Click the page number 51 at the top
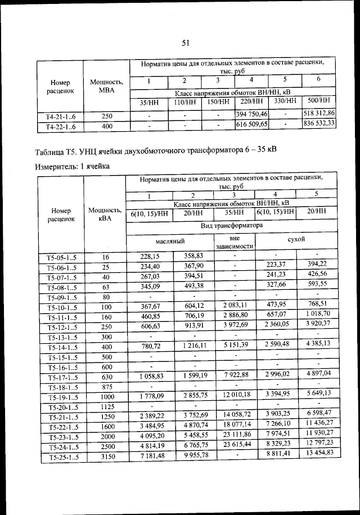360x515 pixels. pos(187,42)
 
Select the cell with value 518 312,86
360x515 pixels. pos(319,113)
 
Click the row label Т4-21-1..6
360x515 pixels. pos(59,116)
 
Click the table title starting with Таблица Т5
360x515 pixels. pos(155,151)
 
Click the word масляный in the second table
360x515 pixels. pos(171,240)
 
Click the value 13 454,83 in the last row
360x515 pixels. pos(319,453)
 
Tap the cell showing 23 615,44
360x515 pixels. pos(235,444)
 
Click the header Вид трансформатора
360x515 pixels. pos(232,225)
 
